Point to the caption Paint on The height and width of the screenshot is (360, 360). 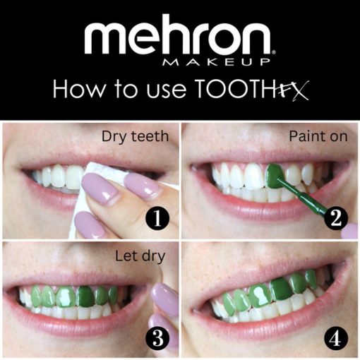(318, 136)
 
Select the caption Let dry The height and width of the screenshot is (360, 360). (140, 256)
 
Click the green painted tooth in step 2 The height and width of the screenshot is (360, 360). (275, 175)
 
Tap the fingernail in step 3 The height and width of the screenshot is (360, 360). (164, 300)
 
